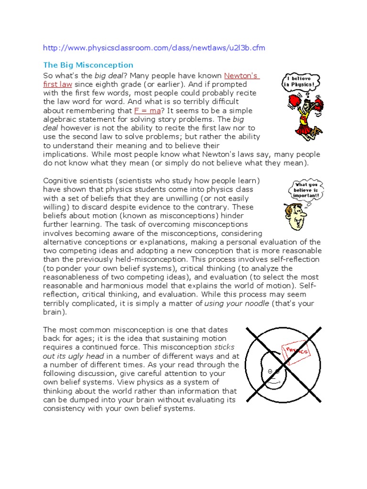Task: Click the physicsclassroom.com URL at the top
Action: pos(154,48)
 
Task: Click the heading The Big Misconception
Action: pos(88,65)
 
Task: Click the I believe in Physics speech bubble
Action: pos(300,81)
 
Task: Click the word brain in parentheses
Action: pos(54,312)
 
